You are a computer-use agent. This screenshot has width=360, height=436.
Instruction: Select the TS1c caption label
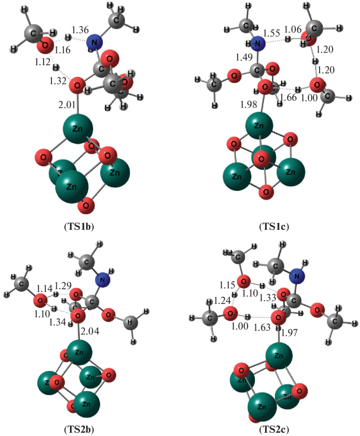tap(274, 227)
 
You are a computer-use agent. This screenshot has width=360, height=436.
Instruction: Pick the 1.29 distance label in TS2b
tap(64, 285)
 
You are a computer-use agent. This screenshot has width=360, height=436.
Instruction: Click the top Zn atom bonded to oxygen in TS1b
tap(77, 127)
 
